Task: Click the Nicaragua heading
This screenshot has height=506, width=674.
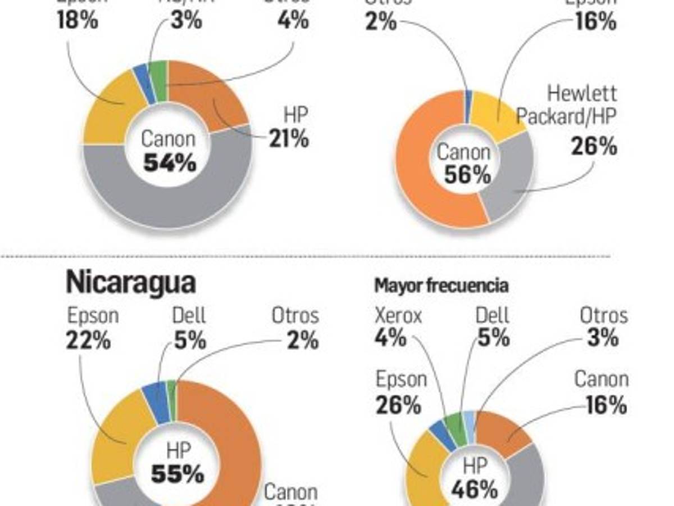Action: [x=130, y=283]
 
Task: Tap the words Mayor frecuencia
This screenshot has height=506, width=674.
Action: [x=441, y=286]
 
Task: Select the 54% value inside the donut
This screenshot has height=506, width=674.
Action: [x=170, y=163]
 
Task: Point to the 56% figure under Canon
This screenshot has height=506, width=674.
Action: [x=467, y=175]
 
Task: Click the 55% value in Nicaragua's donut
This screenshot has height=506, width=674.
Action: [x=177, y=474]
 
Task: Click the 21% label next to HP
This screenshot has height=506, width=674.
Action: [x=289, y=138]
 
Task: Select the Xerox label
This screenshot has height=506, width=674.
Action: [x=398, y=316]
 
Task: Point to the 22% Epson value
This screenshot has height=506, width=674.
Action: [x=88, y=341]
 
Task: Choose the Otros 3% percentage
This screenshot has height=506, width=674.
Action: [x=603, y=338]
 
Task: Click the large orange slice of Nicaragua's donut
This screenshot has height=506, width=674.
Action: [x=230, y=427]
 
